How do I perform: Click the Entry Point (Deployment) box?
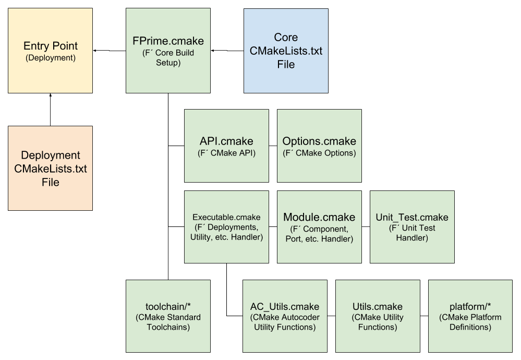click(50, 51)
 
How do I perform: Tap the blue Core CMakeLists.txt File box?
click(286, 51)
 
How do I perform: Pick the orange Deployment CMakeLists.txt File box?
click(50, 168)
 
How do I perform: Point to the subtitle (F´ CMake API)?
click(226, 153)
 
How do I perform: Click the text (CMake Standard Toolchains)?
click(168, 322)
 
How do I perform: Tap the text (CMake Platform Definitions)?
click(470, 322)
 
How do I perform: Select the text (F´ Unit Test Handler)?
click(412, 233)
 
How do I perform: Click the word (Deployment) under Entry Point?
click(50, 58)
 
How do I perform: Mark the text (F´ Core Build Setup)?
click(168, 58)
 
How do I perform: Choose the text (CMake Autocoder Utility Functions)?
click(285, 322)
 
